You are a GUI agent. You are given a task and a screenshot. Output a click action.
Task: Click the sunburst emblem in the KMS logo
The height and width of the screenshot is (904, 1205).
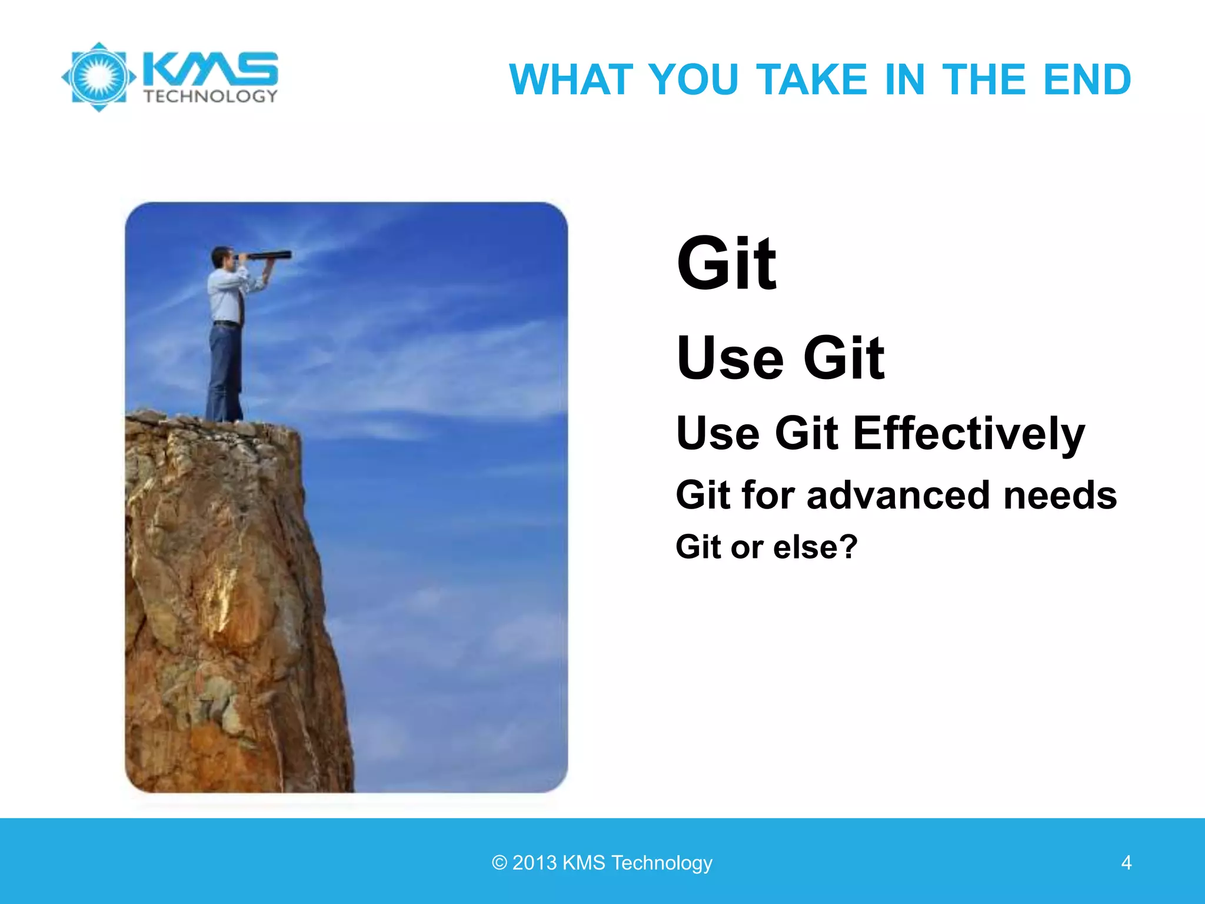tap(99, 77)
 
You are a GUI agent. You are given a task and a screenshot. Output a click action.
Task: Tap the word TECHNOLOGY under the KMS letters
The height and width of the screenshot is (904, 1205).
tap(210, 97)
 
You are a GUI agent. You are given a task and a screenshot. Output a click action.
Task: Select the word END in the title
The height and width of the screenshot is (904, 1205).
tap(1086, 79)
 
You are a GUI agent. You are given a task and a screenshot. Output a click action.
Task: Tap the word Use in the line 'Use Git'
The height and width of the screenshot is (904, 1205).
tap(730, 358)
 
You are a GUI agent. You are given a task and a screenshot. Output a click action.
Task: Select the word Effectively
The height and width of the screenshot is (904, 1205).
tap(968, 434)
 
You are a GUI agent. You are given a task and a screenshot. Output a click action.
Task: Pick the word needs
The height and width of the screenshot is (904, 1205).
tap(1060, 495)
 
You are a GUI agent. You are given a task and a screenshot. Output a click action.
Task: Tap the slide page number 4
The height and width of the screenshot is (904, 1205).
tap(1126, 863)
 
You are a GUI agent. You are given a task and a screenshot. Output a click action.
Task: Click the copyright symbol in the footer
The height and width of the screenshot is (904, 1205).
tap(499, 863)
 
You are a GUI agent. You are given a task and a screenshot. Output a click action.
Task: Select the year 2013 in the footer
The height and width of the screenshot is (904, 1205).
tap(534, 863)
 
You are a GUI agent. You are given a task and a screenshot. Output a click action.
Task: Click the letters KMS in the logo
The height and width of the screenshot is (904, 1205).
tap(210, 69)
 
